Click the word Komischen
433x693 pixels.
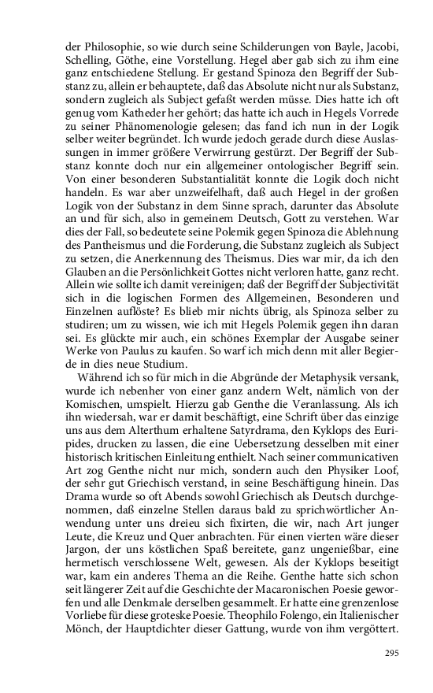click(x=92, y=412)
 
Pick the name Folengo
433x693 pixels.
click(x=287, y=636)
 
